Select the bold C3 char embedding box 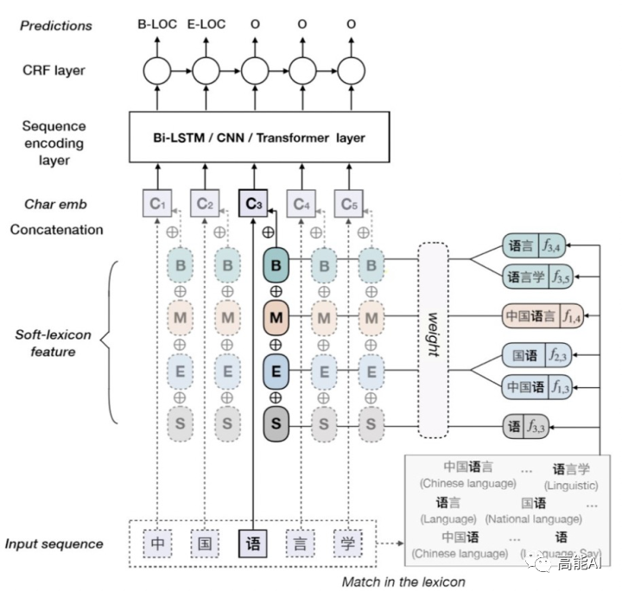[252, 204]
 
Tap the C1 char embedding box [156, 204]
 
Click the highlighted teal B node [276, 264]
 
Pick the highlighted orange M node [276, 319]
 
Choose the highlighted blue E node [276, 372]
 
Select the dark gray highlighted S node [276, 423]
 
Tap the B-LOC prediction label [157, 24]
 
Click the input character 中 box [157, 543]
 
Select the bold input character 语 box [253, 543]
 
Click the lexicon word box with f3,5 [536, 276]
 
